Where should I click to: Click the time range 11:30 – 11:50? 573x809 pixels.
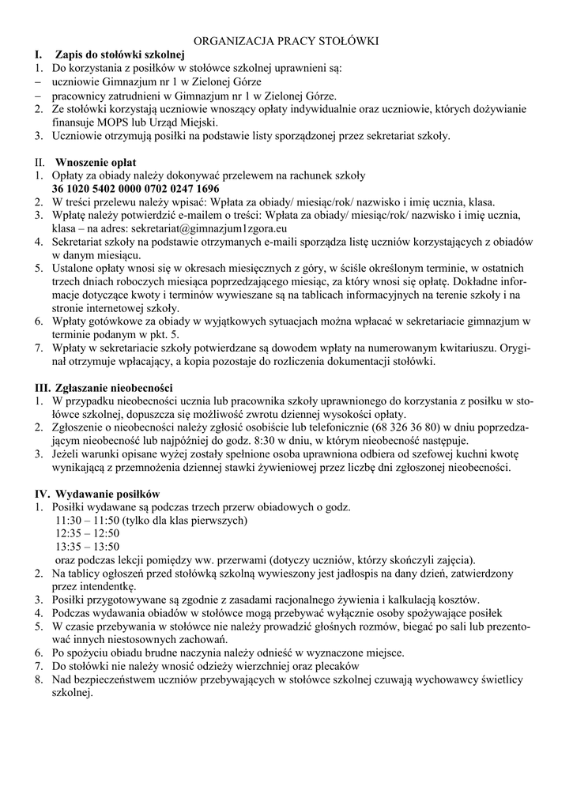(87, 521)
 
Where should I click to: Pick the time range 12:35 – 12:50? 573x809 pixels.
(87, 533)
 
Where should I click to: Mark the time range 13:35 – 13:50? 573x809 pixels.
(87, 546)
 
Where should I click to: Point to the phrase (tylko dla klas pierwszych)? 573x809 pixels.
(185, 521)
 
